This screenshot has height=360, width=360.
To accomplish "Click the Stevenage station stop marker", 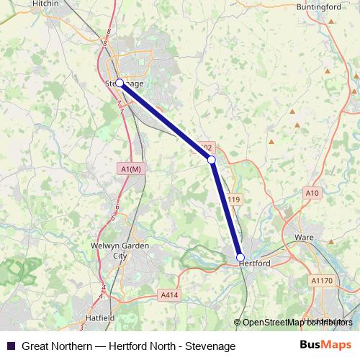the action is (120, 84).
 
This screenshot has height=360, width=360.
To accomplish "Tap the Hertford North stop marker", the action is (240, 257).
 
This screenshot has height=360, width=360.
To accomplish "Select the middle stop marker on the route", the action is (212, 159).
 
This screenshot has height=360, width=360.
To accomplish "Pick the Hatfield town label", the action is (99, 317).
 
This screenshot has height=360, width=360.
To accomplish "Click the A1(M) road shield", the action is (131, 168).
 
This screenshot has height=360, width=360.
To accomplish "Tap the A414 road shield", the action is (168, 294).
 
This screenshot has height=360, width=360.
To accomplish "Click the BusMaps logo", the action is (325, 346).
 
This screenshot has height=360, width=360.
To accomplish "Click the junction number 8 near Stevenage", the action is (108, 32).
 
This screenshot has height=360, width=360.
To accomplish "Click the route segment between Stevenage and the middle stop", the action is (166, 121).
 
